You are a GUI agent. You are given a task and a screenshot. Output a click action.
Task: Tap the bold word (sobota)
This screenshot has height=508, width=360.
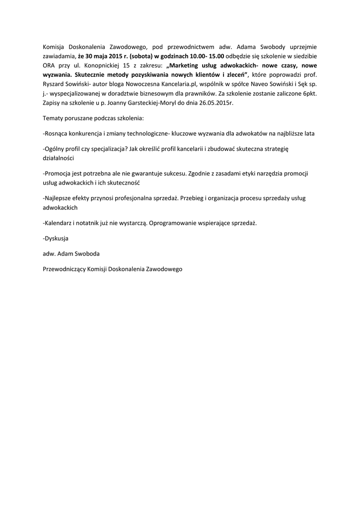pos(140,56)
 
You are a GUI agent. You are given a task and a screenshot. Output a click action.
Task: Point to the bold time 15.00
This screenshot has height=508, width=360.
pos(215,56)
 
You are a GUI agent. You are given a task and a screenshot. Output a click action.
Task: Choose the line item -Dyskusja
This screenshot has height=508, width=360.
pos(56,238)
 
